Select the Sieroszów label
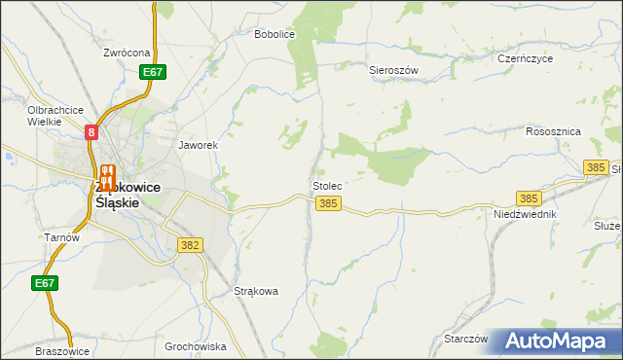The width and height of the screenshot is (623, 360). tap(393, 71)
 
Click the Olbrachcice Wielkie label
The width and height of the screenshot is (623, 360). tap(56, 116)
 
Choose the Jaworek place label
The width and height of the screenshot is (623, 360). tap(197, 145)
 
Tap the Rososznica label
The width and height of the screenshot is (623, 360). tap(553, 131)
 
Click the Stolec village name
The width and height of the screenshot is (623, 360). tap(327, 185)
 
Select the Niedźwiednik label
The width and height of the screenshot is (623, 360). tap(525, 213)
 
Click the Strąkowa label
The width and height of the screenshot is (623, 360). tap(257, 291)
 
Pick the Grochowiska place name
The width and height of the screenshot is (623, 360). tap(196, 346)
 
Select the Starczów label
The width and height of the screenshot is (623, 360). tap(465, 339)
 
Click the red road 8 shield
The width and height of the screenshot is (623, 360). tap(91, 131)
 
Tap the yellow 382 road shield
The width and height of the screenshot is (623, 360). tap(190, 246)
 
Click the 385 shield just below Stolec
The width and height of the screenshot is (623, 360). tap(328, 203)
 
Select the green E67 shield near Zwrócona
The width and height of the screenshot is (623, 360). tap(152, 72)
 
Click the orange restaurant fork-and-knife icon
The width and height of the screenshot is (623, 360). tap(108, 175)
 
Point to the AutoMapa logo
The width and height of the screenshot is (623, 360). tap(558, 342)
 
